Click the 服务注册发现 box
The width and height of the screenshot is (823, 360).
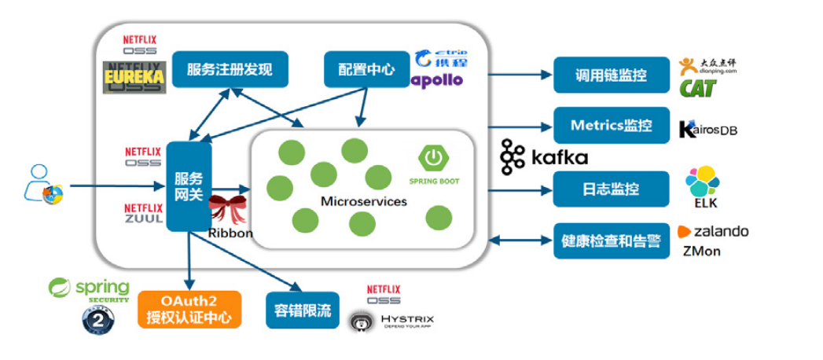click(230, 69)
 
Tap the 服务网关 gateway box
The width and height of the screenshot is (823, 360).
click(189, 186)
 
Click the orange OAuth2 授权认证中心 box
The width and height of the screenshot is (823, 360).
click(189, 310)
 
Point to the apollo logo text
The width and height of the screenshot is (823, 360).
click(437, 79)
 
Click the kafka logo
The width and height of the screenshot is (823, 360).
click(544, 156)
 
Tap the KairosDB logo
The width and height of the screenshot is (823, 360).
click(707, 129)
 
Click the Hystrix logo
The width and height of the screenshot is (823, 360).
click(391, 321)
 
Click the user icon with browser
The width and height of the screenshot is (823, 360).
click(43, 184)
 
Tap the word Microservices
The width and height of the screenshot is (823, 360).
click(364, 201)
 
